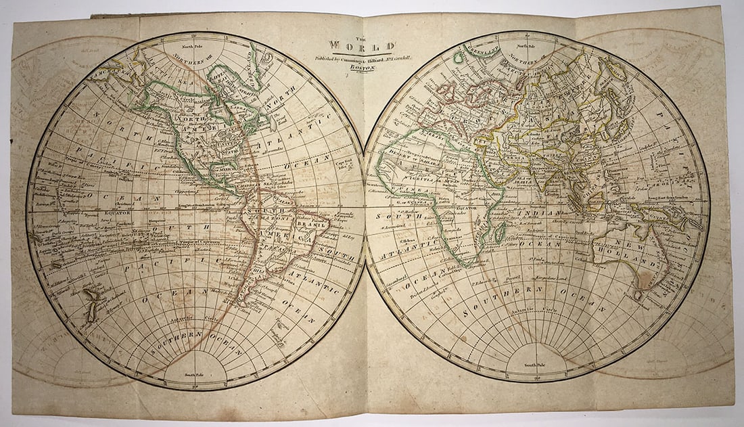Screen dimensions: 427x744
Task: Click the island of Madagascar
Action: tap(501, 233)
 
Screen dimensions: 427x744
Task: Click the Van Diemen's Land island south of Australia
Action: tap(638, 296)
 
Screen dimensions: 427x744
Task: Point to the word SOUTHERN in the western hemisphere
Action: tap(177, 334)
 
